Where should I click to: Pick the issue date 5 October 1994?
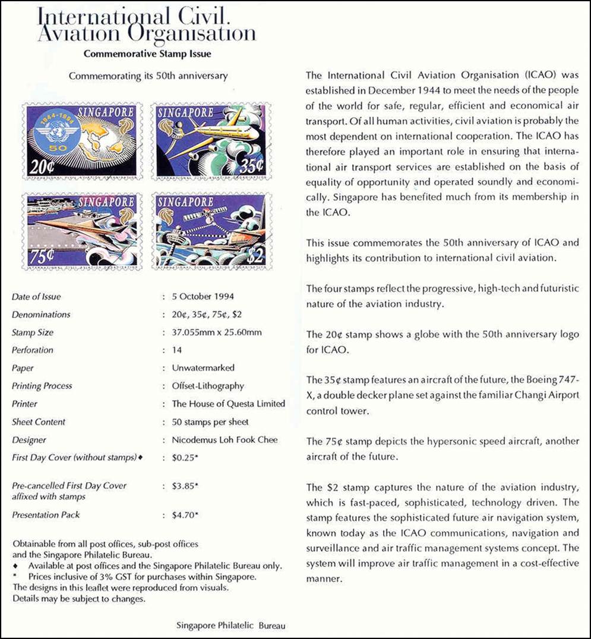(x=203, y=297)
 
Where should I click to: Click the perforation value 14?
(x=176, y=350)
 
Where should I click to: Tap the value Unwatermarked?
(x=203, y=368)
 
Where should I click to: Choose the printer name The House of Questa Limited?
(x=228, y=404)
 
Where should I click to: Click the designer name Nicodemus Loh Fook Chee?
(x=225, y=440)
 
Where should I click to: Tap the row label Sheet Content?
(x=39, y=422)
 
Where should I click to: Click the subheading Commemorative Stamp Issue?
(x=147, y=53)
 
